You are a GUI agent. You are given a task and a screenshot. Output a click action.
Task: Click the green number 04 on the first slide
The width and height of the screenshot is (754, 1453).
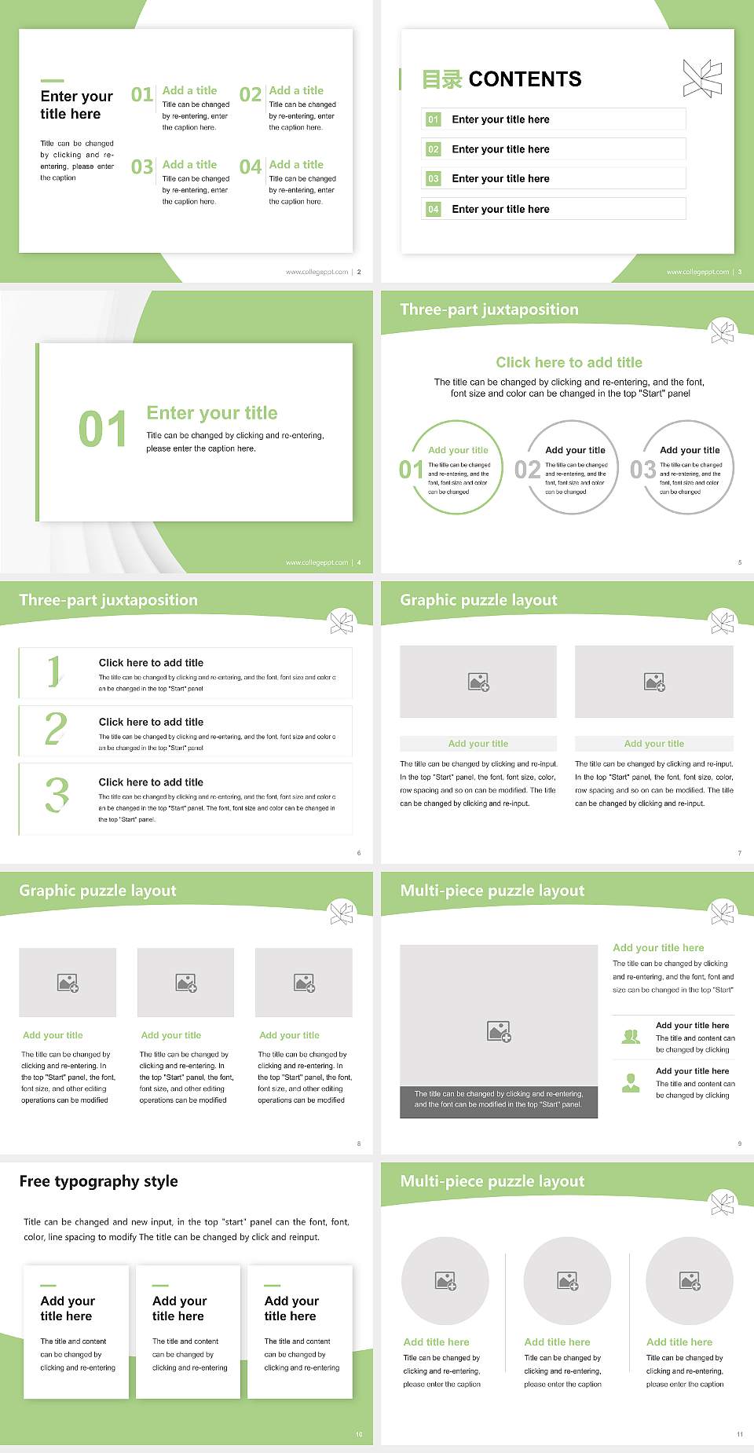tap(251, 167)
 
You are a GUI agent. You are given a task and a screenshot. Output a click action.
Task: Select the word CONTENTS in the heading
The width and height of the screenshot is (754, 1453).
tap(525, 79)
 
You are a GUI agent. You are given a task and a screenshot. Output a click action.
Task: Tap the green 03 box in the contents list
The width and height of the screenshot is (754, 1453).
tap(434, 179)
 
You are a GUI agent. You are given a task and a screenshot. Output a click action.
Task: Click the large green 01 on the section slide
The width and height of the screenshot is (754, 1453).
tap(102, 430)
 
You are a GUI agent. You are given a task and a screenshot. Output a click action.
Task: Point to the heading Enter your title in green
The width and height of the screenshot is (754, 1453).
tap(212, 413)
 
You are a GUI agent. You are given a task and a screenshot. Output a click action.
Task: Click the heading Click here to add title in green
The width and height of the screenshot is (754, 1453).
tap(569, 362)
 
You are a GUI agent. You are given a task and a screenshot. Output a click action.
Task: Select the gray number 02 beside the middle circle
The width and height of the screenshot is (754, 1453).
tap(527, 470)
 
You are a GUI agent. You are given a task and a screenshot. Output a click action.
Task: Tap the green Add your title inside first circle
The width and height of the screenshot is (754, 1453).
tap(458, 450)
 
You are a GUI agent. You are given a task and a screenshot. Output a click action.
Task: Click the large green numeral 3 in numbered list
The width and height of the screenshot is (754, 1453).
tap(57, 795)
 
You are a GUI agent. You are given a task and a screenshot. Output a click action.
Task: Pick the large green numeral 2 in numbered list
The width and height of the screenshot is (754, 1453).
tap(56, 729)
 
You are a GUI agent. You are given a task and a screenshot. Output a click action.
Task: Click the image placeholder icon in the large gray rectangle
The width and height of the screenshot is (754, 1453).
tap(499, 1031)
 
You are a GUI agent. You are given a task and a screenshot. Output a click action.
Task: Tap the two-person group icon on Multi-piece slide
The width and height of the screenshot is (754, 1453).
tap(631, 1037)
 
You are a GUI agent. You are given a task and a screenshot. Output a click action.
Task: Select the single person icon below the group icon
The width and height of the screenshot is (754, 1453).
tap(631, 1083)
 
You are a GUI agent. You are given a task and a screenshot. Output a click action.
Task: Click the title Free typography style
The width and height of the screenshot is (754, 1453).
tap(98, 1181)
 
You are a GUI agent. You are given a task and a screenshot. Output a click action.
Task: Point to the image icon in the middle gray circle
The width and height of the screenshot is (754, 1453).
tap(568, 1281)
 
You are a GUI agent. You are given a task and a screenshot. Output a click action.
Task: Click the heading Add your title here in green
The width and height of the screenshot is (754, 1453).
tap(658, 948)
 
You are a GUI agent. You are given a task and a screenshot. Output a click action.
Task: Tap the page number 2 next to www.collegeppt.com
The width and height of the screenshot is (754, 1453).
tap(359, 272)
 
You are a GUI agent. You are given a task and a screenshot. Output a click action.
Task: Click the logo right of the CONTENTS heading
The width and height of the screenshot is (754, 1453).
tap(702, 79)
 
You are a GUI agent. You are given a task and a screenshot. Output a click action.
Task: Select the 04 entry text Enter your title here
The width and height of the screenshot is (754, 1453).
tap(500, 209)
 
